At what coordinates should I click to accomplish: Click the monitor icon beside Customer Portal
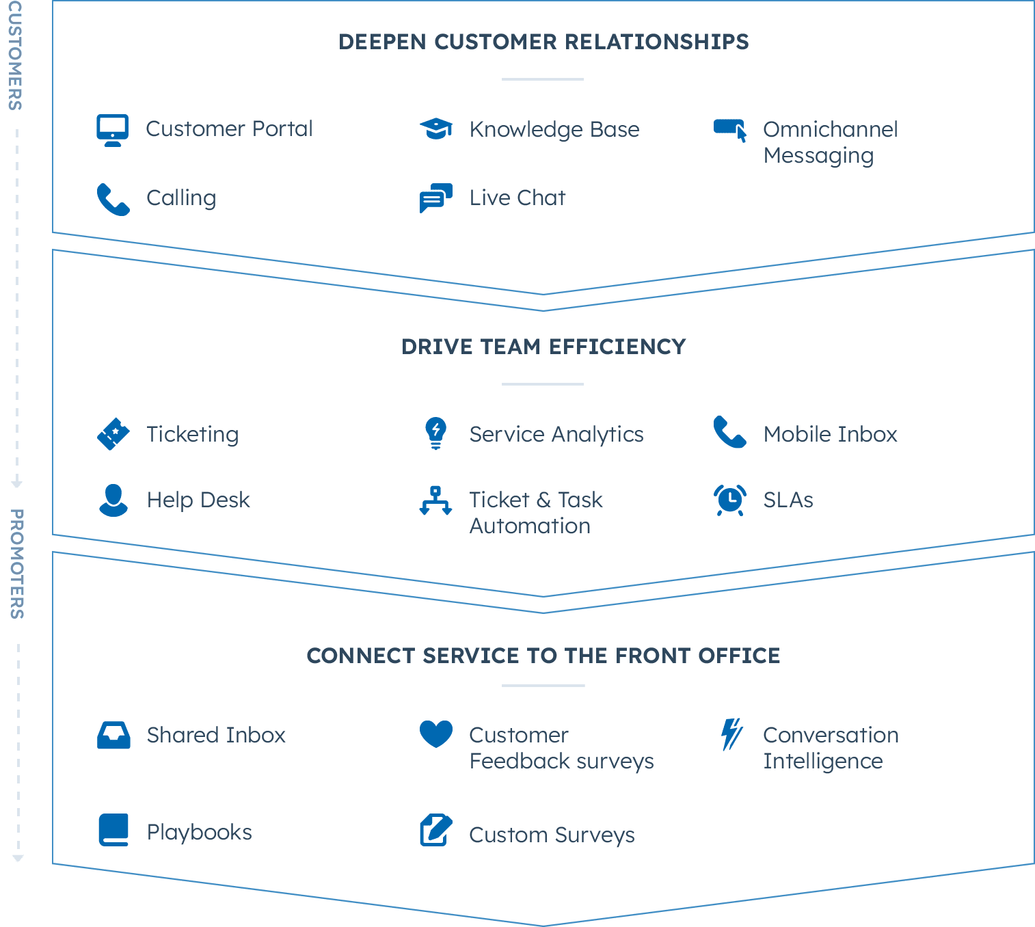[113, 130]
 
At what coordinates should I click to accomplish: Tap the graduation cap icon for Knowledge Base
[436, 129]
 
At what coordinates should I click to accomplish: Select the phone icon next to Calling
[113, 199]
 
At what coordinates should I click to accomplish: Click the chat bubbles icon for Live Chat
[436, 198]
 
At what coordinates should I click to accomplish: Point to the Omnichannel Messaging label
[830, 142]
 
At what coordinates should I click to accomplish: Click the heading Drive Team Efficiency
[543, 347]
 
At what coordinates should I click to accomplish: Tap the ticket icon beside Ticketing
[113, 434]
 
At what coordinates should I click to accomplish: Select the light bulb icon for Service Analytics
[435, 433]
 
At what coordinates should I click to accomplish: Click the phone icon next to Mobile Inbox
[730, 432]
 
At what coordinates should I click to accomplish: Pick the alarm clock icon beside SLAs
[730, 500]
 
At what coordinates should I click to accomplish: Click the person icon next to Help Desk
[113, 500]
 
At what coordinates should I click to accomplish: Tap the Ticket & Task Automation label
[535, 513]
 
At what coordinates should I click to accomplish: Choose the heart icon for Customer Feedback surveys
[436, 734]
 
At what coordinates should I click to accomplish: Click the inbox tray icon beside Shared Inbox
[113, 736]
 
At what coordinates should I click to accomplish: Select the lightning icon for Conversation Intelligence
[731, 735]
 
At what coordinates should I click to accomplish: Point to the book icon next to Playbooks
[113, 829]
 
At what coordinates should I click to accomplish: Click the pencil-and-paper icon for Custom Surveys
[436, 830]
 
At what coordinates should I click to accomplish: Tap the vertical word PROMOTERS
[17, 564]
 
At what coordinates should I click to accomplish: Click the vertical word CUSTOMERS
[15, 55]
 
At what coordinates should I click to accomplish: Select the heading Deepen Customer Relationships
[543, 42]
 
